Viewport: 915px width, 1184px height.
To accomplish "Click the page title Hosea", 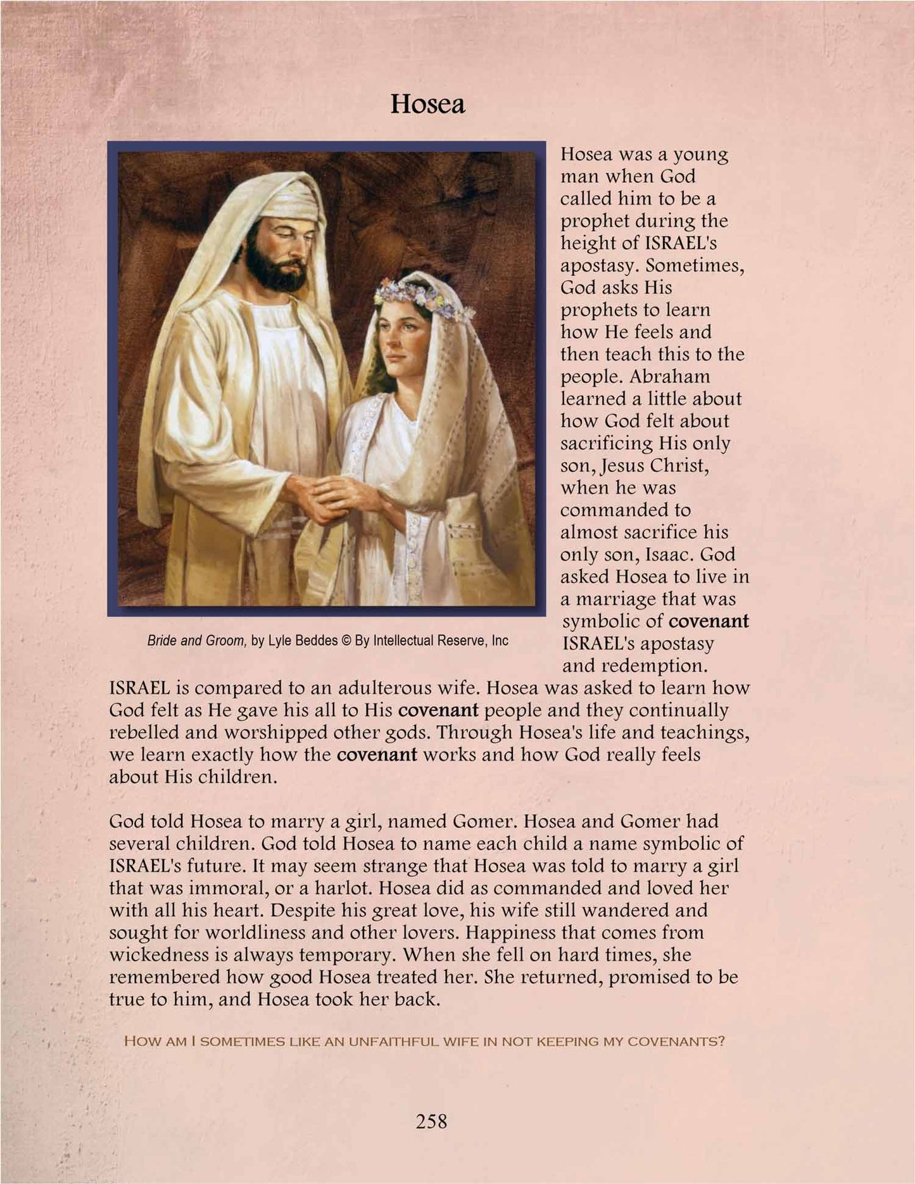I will (427, 104).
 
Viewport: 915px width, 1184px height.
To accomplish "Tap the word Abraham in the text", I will (670, 376).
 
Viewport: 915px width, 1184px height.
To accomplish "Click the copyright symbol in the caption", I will (346, 640).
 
